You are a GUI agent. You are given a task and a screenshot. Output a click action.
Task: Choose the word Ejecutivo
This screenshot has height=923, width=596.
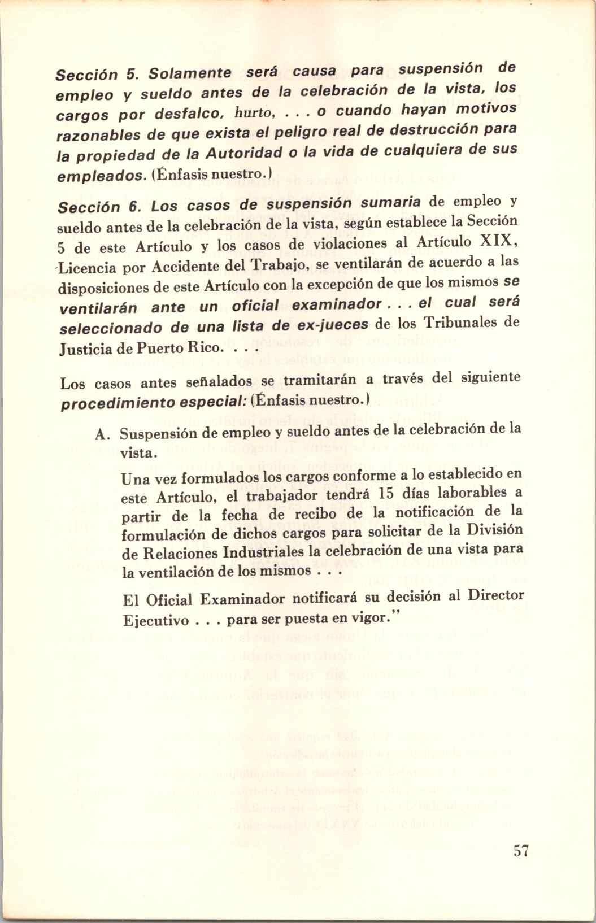coord(155,621)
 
